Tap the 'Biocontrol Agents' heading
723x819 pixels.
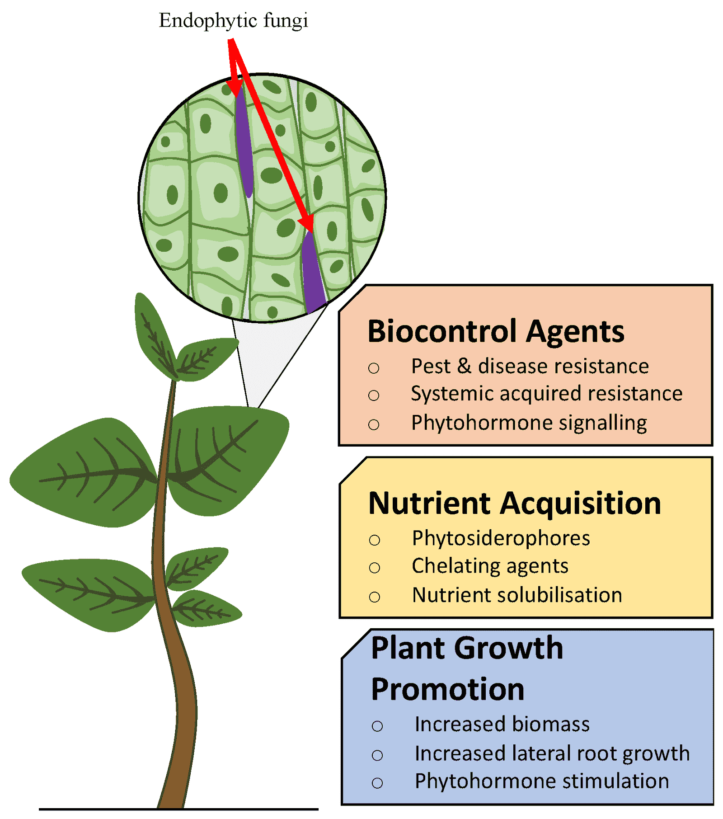495,331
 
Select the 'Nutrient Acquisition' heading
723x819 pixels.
514,503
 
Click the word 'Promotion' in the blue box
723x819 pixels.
447,689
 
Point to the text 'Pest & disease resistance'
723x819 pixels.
530,366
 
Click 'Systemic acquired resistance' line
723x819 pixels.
546,393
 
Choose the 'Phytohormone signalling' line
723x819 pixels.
529,423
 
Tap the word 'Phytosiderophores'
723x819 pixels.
501,538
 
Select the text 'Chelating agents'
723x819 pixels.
490,566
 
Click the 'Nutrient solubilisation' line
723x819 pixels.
517,595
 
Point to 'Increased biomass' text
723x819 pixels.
502,724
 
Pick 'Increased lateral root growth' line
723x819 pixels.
552,753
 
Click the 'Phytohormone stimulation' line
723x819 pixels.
542,781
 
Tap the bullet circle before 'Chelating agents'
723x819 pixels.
374,568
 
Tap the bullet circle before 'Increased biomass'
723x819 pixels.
377,726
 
